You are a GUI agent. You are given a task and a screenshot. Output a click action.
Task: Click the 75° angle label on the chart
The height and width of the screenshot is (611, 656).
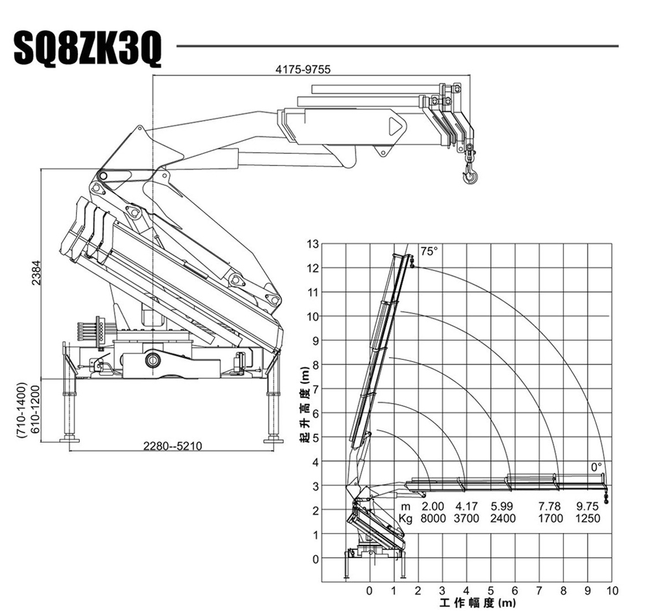point(429,252)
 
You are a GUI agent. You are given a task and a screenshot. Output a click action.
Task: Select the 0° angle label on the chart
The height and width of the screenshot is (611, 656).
point(596,466)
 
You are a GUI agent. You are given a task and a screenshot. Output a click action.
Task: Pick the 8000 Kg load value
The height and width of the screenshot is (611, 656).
point(433,518)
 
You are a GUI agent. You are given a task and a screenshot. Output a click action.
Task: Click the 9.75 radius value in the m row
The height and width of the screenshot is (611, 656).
point(588,507)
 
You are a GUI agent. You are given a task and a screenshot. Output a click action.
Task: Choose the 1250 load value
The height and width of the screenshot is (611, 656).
point(588,518)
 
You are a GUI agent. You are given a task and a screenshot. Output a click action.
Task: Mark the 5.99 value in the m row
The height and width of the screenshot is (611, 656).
point(502,507)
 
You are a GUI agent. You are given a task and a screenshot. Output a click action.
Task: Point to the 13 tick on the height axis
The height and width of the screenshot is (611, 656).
point(312,244)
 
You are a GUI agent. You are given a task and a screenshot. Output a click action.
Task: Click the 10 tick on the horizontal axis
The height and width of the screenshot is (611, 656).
point(612,591)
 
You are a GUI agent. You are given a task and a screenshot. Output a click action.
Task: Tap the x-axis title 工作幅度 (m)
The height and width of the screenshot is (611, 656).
point(477,604)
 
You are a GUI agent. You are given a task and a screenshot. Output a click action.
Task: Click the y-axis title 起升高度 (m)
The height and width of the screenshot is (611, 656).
point(304,406)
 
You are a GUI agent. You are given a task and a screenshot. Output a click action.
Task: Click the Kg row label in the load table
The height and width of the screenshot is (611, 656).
point(405,518)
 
